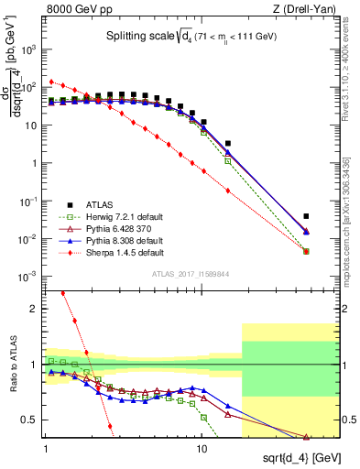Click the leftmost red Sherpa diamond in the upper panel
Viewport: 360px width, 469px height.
click(51, 81)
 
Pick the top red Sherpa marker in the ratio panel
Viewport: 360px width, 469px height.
click(62, 293)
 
